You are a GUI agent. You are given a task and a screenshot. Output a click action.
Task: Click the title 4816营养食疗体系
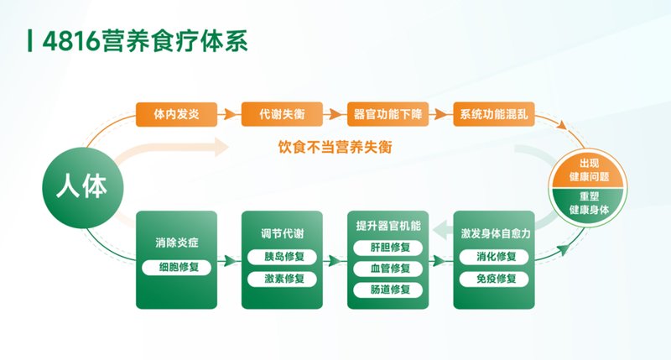pos(145,41)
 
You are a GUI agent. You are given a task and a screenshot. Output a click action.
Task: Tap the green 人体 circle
pos(82,187)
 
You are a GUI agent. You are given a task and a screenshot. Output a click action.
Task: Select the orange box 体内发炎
pos(176,114)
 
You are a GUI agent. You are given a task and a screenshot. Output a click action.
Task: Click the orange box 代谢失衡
pos(282,114)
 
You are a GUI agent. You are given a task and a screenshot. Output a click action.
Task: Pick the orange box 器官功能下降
pos(388,114)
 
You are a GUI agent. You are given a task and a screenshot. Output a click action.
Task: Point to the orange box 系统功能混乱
pos(494,114)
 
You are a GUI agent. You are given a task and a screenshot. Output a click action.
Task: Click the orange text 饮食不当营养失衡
pos(335,147)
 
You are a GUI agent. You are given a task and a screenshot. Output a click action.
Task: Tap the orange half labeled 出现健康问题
pos(589,170)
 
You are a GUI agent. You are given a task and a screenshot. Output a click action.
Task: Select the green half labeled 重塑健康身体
pos(589,206)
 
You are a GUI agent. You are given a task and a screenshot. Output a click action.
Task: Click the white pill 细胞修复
pos(176,268)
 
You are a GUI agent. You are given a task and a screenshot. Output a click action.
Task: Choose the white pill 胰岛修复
pos(282,257)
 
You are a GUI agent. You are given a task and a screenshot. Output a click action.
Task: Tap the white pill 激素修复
pos(282,279)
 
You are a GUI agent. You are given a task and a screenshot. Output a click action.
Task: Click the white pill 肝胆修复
pos(388,248)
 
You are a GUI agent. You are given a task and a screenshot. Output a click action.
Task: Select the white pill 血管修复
pos(388,269)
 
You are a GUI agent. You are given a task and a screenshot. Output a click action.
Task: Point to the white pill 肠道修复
pos(388,290)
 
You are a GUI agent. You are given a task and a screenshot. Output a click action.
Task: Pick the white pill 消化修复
pos(494,257)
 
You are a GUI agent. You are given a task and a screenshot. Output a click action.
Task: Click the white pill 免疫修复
pos(494,279)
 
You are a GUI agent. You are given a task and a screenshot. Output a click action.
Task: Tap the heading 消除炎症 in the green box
pos(177,243)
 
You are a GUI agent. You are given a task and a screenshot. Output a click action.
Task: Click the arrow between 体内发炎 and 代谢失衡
pos(229,114)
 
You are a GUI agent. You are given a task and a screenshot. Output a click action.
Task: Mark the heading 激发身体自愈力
pos(495,234)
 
